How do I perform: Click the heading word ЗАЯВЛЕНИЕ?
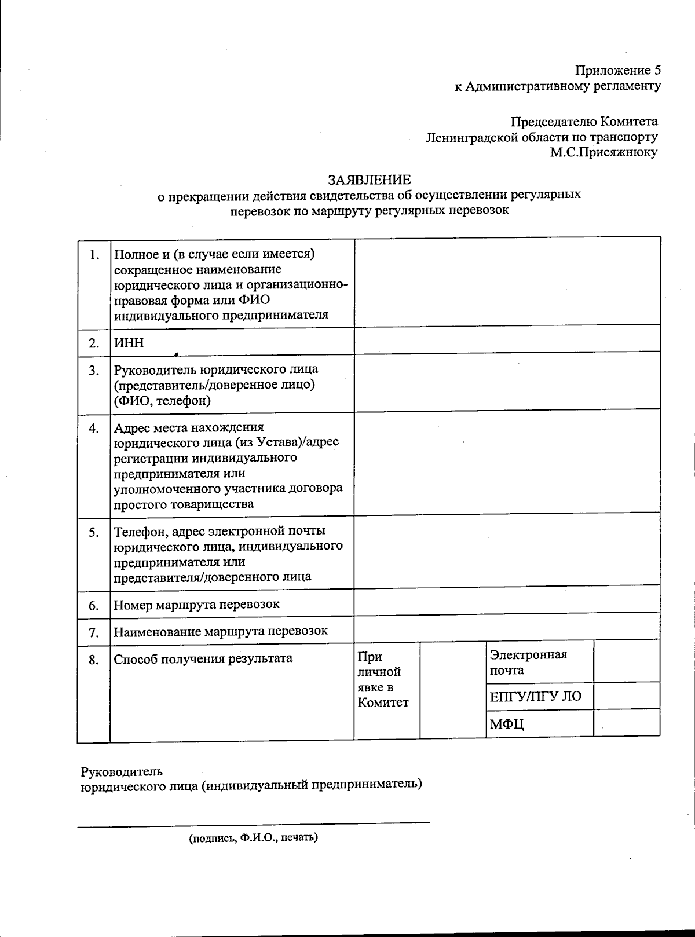tap(370, 180)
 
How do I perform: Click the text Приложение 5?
tap(617, 71)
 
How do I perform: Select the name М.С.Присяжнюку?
tap(604, 153)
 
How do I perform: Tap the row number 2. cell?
tap(94, 343)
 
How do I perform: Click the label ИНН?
tap(129, 343)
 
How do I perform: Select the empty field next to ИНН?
tap(507, 341)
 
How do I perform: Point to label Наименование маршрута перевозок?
tap(221, 631)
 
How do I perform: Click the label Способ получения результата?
tap(203, 658)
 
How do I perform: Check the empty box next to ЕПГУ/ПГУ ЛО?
tap(627, 696)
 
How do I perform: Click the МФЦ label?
tap(507, 724)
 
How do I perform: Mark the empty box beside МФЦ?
tap(627, 723)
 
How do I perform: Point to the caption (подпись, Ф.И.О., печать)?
tap(253, 838)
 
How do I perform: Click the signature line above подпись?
tap(253, 822)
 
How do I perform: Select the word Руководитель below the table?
tap(122, 772)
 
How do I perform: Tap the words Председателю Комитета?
tap(584, 122)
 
